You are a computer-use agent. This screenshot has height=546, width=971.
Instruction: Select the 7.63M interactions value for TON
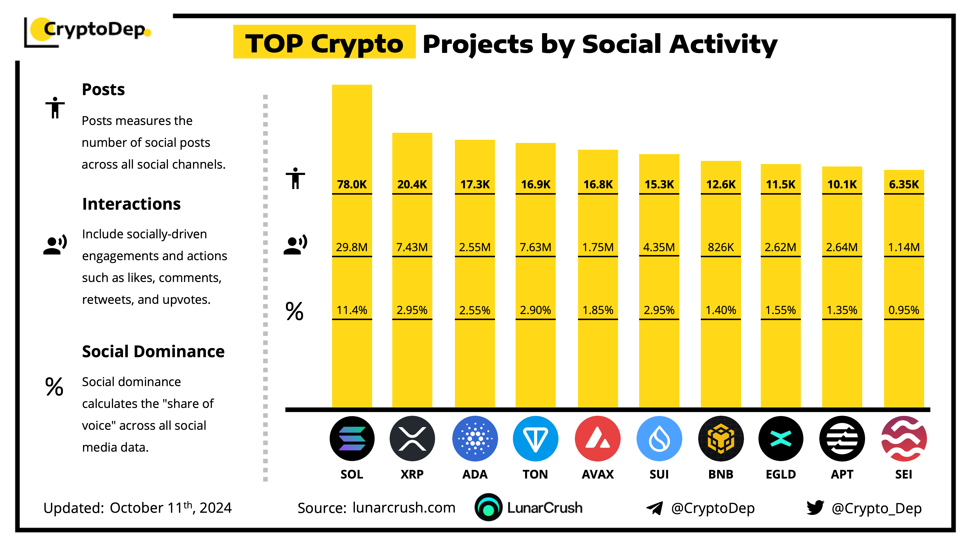coord(535,247)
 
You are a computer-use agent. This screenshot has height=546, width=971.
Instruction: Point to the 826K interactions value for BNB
coord(721,247)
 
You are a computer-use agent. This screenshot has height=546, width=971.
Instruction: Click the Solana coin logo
coord(352,438)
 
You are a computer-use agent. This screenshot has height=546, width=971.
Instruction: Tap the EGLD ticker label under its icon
coord(781,474)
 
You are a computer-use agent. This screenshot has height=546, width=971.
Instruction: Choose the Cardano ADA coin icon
coord(475,438)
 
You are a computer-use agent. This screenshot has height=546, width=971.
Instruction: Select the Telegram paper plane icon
coord(655,508)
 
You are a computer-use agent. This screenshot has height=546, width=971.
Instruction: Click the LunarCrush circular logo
coord(488,507)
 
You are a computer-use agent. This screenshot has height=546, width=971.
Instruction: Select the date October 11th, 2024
coord(170,508)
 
